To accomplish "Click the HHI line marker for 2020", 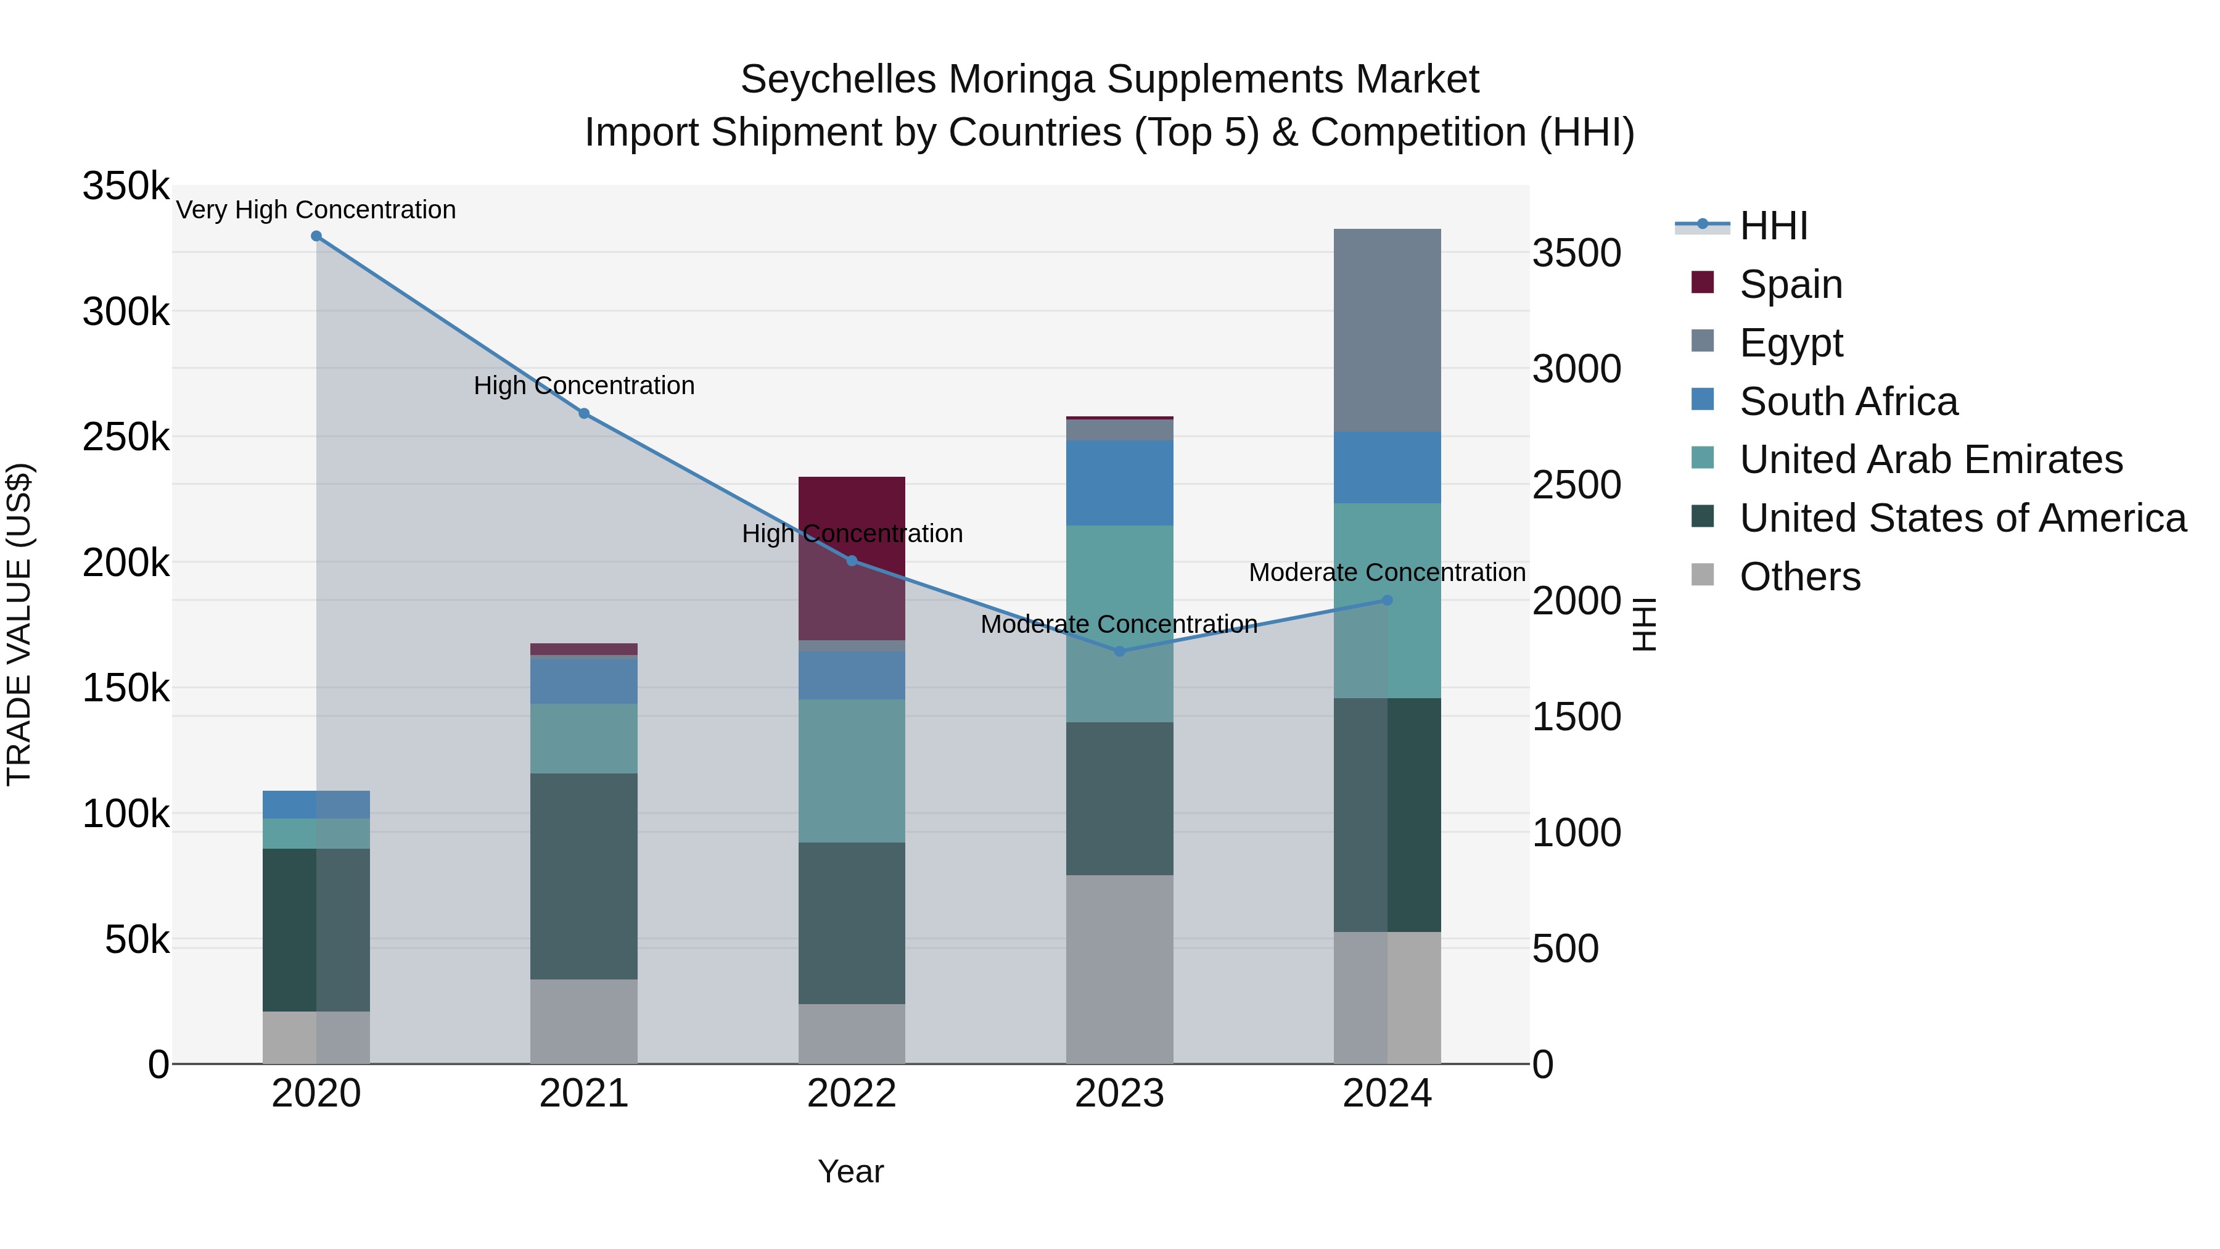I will pyautogui.click(x=316, y=236).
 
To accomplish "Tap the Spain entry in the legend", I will pyautogui.click(x=1790, y=284).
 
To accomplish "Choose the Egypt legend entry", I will pyautogui.click(x=1790, y=343).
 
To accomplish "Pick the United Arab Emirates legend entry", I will pyautogui.click(x=1930, y=460).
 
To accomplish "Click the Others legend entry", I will pyautogui.click(x=1799, y=577).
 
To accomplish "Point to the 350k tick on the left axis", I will pyautogui.click(x=126, y=186).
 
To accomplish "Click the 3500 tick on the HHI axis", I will pyautogui.click(x=1576, y=254).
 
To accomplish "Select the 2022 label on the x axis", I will pyautogui.click(x=852, y=1094).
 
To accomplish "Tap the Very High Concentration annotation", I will pyautogui.click(x=316, y=210).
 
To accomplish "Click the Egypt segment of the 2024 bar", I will pyautogui.click(x=1387, y=330).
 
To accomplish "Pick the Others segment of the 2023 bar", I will pyautogui.click(x=1119, y=969).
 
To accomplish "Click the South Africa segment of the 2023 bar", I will pyautogui.click(x=1119, y=483).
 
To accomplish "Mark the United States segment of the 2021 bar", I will pyautogui.click(x=583, y=876).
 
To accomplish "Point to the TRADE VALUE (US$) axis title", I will pyautogui.click(x=19, y=624).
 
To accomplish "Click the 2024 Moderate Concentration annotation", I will pyautogui.click(x=1387, y=572).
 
